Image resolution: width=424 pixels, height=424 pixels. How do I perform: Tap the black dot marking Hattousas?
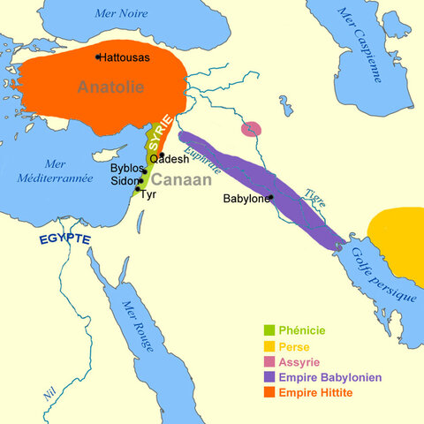(x=98, y=57)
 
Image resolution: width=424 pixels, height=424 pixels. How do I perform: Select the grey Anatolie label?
(x=110, y=87)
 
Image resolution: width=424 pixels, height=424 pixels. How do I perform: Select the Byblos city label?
(x=125, y=168)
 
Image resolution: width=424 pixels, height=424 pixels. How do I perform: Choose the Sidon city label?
(x=124, y=180)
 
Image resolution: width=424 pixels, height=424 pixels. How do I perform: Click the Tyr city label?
(x=148, y=194)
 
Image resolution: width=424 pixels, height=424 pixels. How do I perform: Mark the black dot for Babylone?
(x=271, y=197)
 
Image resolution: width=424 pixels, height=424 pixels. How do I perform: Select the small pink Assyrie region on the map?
(x=251, y=129)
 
